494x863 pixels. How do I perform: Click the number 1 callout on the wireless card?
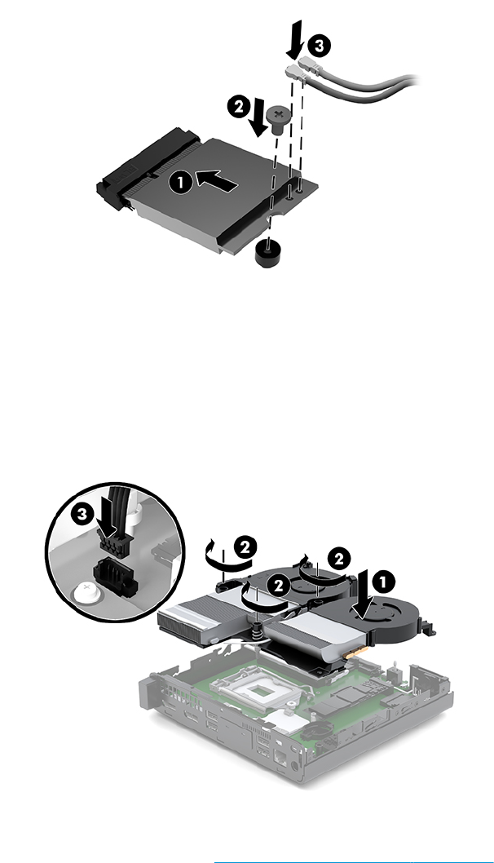click(x=182, y=182)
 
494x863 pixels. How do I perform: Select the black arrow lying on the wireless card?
click(x=217, y=180)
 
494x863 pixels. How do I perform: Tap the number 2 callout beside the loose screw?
click(x=238, y=107)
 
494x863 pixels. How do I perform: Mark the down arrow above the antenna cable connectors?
click(x=293, y=38)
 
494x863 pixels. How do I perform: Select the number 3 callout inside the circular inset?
click(x=82, y=515)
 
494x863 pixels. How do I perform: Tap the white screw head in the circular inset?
click(x=85, y=591)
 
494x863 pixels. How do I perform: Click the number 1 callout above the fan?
click(x=383, y=581)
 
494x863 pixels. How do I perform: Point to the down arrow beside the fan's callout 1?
click(x=363, y=595)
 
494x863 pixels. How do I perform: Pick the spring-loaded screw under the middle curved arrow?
click(x=257, y=628)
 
